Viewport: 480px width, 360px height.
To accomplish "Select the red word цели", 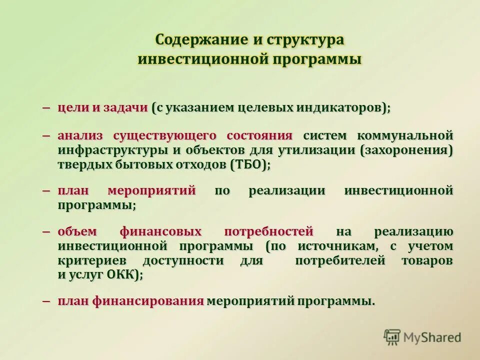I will (x=72, y=108).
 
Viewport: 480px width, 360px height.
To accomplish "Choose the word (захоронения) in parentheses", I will (x=406, y=150).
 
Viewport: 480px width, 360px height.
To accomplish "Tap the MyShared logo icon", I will (x=392, y=337).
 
